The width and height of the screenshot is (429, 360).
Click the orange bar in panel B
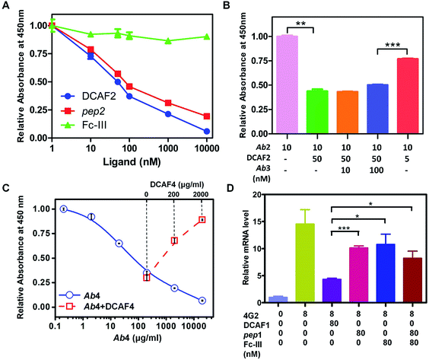pos(329,115)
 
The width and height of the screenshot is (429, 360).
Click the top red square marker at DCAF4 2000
pos(202,220)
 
